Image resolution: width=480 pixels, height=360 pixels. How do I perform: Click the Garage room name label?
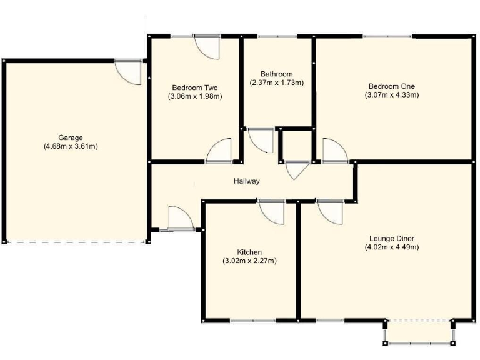tap(71, 137)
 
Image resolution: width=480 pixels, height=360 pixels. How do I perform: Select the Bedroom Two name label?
tap(195, 87)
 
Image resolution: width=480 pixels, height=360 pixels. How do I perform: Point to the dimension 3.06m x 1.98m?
tap(195, 96)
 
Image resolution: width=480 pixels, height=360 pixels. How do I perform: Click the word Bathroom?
tap(276, 74)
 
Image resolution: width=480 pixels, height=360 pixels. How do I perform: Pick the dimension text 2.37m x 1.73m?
tap(276, 82)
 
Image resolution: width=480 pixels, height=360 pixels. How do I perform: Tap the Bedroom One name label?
tap(391, 86)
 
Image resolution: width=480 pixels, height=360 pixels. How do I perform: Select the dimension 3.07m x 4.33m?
tap(391, 95)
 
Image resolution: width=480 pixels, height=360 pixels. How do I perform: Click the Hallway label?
tap(247, 181)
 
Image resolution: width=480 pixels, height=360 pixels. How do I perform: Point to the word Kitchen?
tap(249, 252)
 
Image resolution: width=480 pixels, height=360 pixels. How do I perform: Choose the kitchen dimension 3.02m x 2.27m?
tap(249, 261)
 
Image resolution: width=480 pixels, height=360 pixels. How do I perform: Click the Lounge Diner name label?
tap(392, 238)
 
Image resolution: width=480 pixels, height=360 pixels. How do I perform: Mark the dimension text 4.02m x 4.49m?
tap(392, 247)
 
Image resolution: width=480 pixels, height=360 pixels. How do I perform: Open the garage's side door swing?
tap(130, 71)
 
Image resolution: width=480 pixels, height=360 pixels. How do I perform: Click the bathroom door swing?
tap(261, 141)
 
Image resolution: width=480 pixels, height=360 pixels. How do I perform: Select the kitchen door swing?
tap(272, 212)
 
